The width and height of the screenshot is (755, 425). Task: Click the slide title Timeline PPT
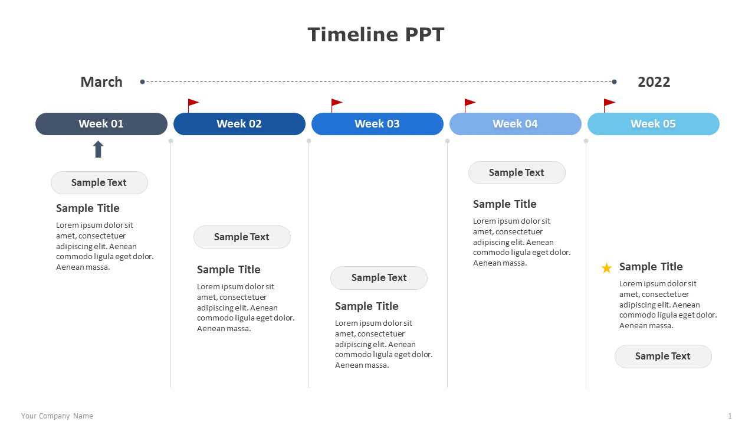[x=376, y=34]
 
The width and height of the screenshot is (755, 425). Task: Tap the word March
[x=101, y=82]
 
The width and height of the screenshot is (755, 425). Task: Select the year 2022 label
[x=654, y=82]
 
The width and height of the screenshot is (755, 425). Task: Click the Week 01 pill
[x=101, y=124]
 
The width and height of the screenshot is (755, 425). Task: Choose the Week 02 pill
[x=239, y=124]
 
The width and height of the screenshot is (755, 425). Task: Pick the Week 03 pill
[x=377, y=124]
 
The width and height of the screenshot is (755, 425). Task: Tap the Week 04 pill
[x=516, y=124]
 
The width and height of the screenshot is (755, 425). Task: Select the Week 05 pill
[x=654, y=124]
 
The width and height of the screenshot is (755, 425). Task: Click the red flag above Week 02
[x=193, y=106]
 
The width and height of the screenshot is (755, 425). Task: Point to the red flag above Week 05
[x=609, y=106]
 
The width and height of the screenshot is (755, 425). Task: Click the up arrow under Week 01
[x=98, y=149]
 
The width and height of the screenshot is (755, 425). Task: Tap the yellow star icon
[x=606, y=268]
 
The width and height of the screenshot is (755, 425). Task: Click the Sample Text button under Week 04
[x=517, y=173]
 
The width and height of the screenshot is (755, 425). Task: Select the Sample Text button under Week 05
[x=663, y=356]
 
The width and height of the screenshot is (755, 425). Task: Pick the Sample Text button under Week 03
[x=379, y=278]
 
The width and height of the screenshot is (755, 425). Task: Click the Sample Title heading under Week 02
[x=228, y=270]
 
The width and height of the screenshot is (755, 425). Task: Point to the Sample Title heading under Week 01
[x=88, y=208]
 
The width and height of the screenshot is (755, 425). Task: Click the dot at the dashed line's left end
[x=142, y=81]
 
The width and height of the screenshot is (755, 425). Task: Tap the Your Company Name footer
[x=57, y=416]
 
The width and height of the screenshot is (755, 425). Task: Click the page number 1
[x=730, y=416]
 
